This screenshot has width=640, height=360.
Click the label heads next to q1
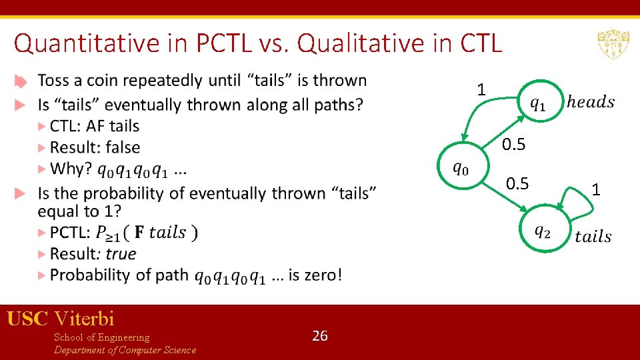(590, 102)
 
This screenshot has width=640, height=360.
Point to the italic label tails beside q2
(593, 237)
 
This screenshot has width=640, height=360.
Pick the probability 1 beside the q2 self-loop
(596, 191)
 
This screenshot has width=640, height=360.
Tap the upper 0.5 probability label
(513, 144)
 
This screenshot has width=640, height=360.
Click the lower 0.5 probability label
(517, 183)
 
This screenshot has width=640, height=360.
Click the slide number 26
(320, 336)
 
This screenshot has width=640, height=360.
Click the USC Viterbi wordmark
(61, 319)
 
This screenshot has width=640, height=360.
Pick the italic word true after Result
(121, 253)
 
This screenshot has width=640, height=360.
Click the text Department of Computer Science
(125, 350)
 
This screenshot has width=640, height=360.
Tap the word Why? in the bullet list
(71, 169)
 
